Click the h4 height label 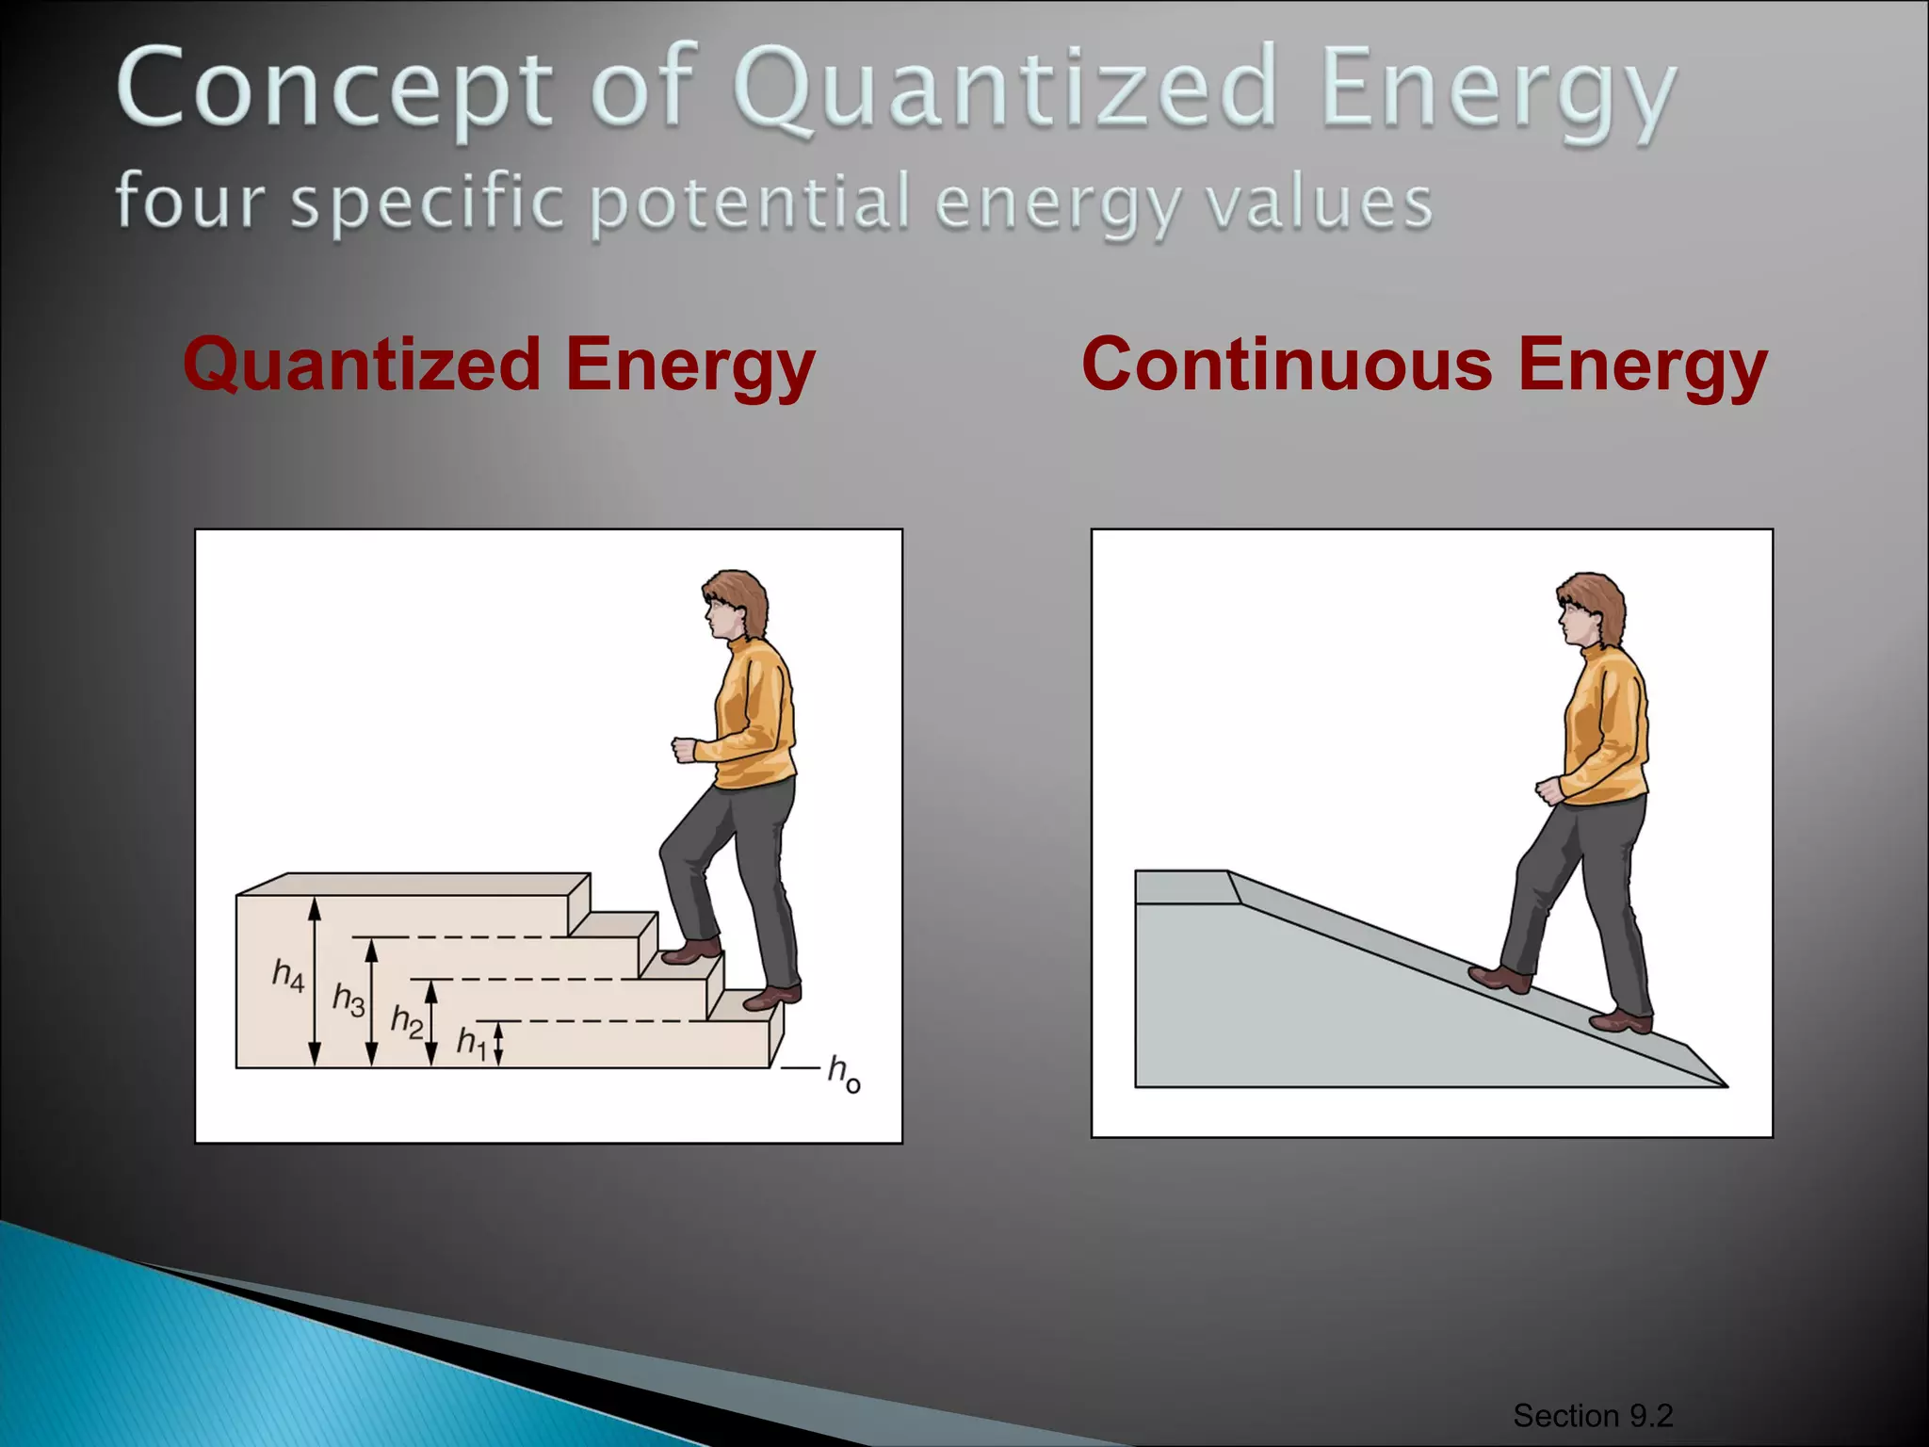[x=288, y=975]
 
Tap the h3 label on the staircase [x=349, y=1000]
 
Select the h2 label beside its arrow [x=407, y=1021]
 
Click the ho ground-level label [x=843, y=1073]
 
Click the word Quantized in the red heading [x=362, y=366]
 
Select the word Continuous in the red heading [x=1287, y=366]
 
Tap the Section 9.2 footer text [x=1592, y=1415]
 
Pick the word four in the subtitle [x=189, y=202]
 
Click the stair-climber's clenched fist [x=683, y=750]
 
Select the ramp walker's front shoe [x=1500, y=979]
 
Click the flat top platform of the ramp [x=1183, y=886]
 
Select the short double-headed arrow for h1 [x=499, y=1044]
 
